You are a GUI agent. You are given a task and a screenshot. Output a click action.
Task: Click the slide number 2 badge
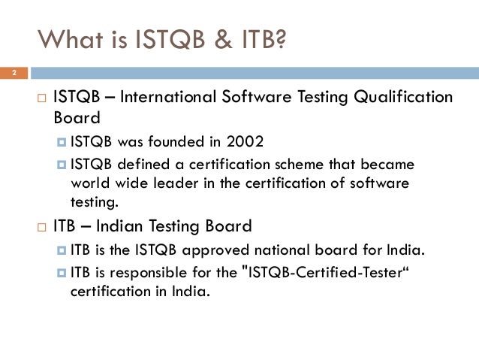pos(13,74)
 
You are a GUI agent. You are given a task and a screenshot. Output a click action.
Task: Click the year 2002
pos(244,141)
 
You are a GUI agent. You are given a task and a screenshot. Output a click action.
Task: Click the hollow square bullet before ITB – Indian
pos(42,226)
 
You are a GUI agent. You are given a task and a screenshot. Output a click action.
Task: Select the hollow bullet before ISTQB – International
pos(42,98)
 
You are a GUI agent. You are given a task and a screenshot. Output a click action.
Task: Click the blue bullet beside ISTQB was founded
pos(63,141)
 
